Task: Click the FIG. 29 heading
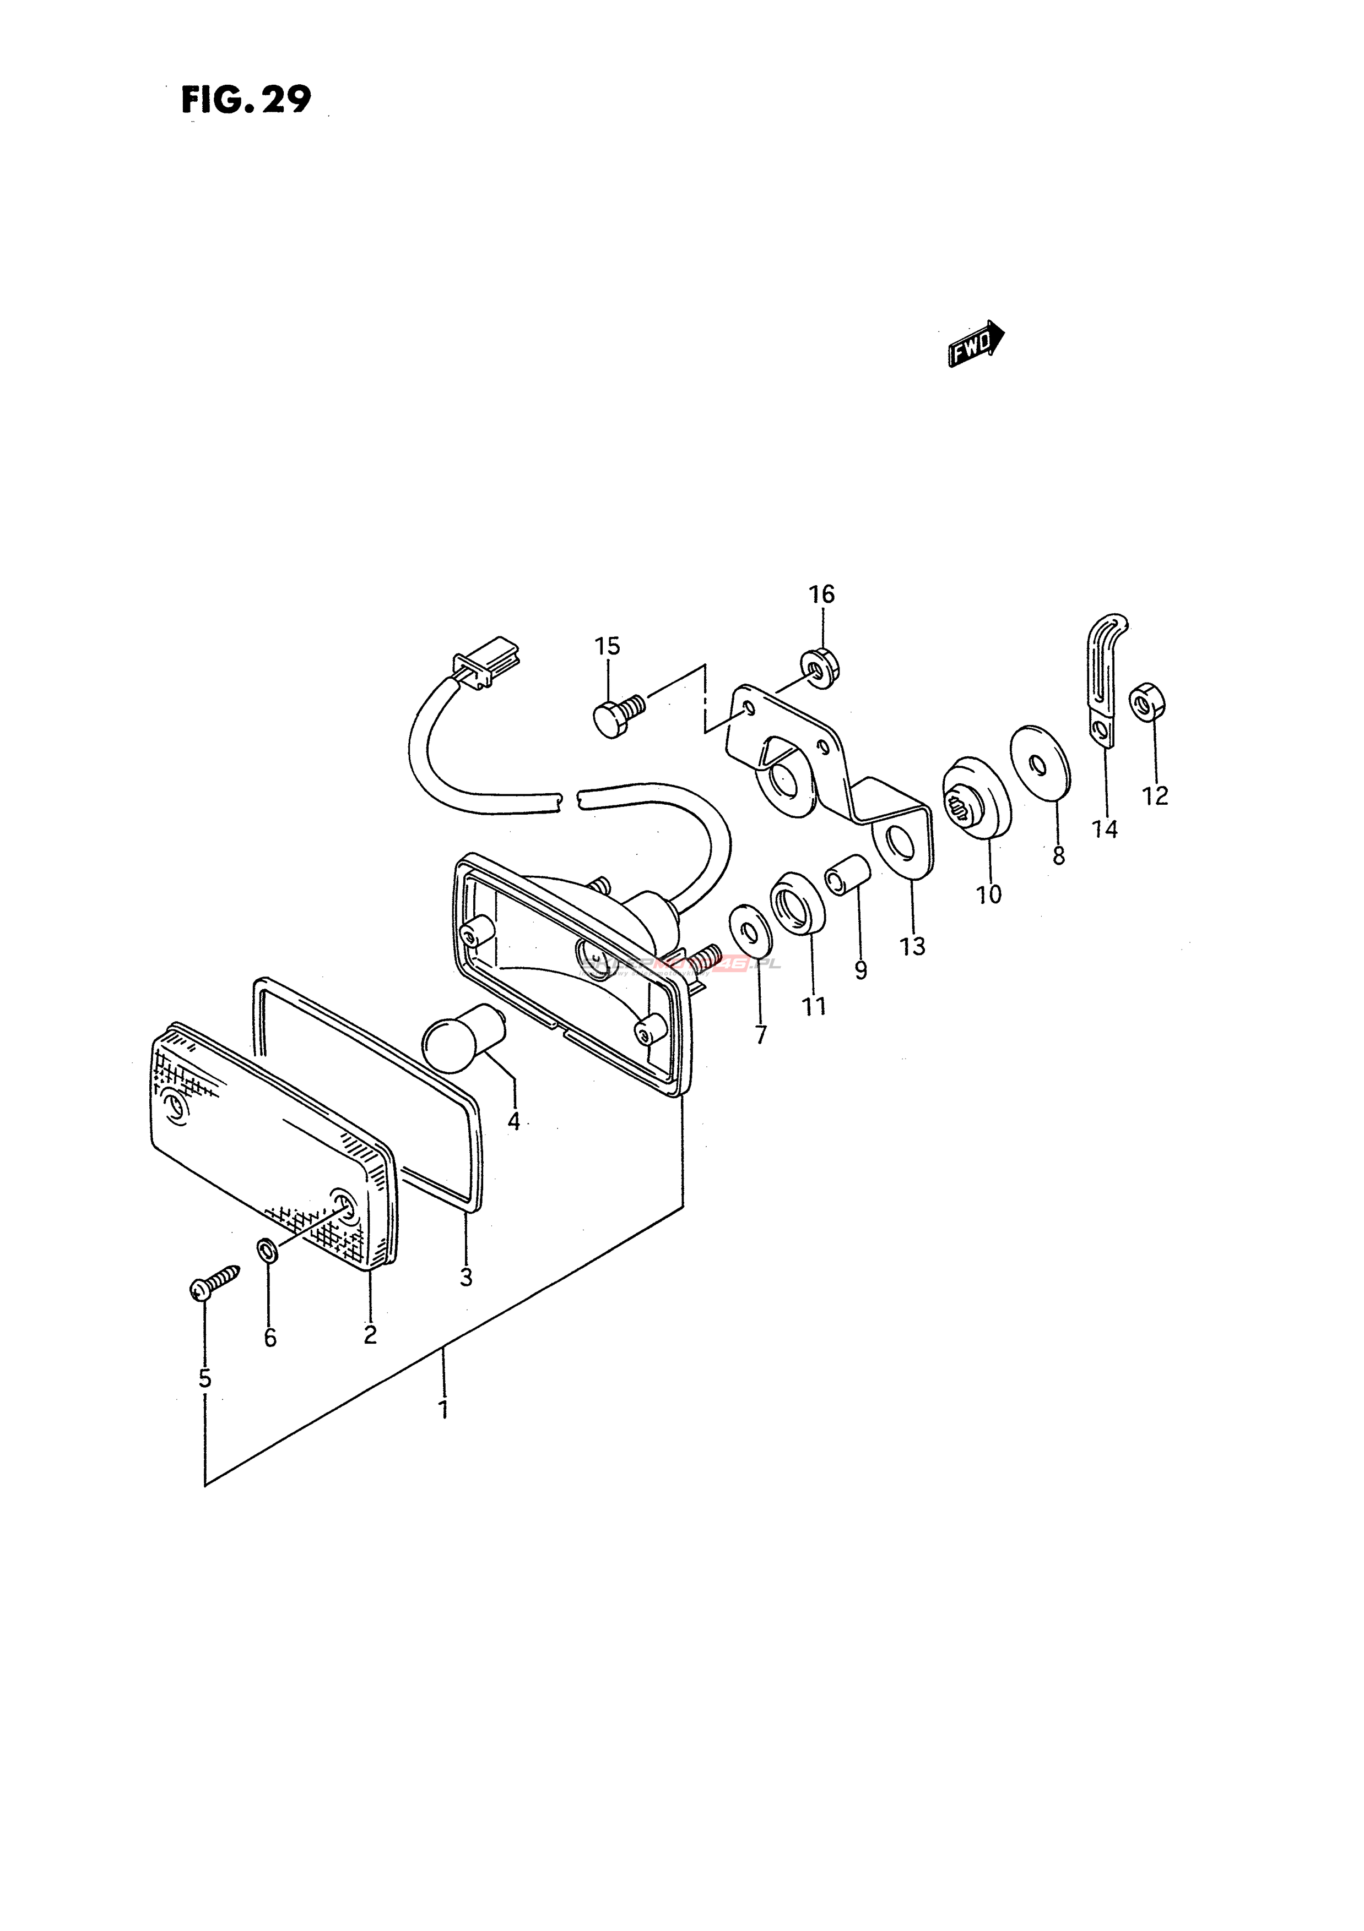pyautogui.click(x=246, y=101)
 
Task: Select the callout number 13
pyautogui.click(x=912, y=947)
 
